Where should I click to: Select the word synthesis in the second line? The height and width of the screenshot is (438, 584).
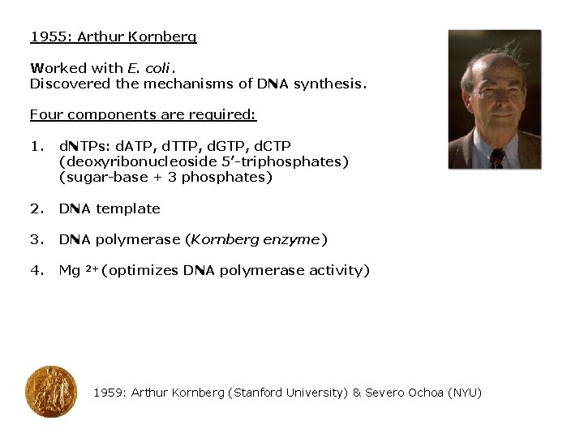pos(329,84)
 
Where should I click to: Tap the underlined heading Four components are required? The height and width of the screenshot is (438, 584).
pos(143,115)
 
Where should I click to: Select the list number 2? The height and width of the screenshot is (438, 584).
pos(36,208)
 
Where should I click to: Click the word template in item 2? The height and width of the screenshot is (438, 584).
pos(127,208)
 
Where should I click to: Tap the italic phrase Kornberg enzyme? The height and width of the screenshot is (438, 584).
pos(256,239)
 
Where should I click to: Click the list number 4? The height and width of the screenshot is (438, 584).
pos(36,270)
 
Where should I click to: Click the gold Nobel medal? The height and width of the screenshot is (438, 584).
pos(50,392)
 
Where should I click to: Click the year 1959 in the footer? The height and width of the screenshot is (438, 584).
pos(109,393)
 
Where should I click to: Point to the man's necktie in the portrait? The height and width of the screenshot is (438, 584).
pos(496,157)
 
